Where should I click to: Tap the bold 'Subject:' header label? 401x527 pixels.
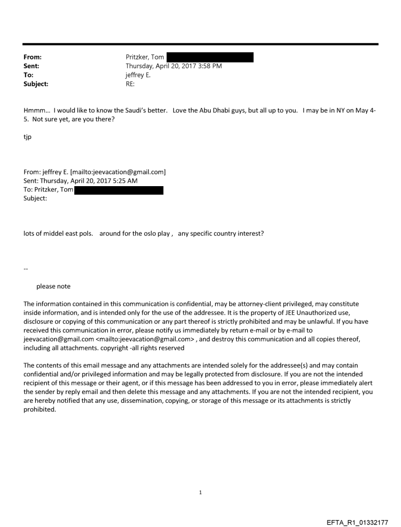(35, 84)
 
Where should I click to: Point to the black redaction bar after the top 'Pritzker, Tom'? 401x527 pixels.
(210, 57)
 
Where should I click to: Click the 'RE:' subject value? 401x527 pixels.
(131, 84)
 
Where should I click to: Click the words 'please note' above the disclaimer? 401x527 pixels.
(53, 286)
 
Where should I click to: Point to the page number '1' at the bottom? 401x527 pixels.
(200, 493)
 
